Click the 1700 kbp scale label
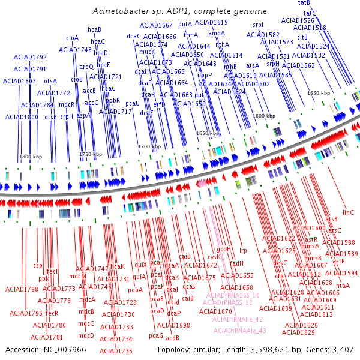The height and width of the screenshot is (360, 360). point(149,146)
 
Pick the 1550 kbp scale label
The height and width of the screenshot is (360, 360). point(319,94)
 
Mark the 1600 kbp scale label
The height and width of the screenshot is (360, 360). point(263,115)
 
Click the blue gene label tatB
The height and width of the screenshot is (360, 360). point(304,3)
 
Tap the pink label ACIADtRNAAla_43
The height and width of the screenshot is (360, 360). point(239,330)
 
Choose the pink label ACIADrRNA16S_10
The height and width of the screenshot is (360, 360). point(233,295)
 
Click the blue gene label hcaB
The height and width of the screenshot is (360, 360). point(94,29)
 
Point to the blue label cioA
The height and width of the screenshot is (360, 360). point(73,38)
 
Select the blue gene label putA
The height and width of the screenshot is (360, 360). point(185,25)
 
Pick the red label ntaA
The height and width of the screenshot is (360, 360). point(343,286)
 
